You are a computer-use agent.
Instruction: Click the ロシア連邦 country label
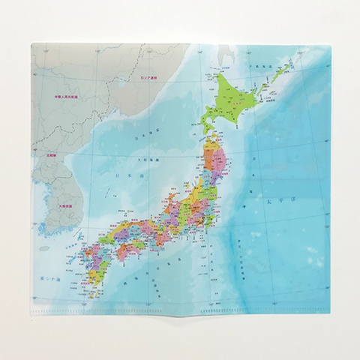pyautogui.click(x=152, y=78)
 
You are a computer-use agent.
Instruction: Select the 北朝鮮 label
pyautogui.click(x=50, y=157)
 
